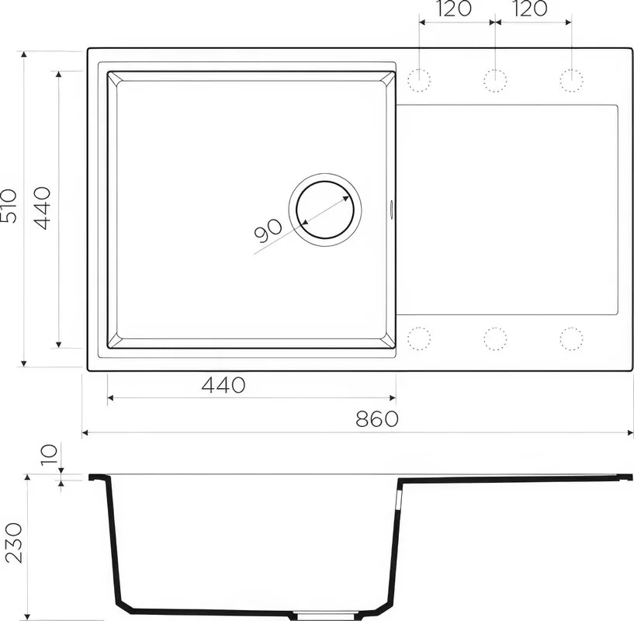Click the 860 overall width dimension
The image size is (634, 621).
pos(377,419)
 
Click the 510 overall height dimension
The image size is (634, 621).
pos(9,206)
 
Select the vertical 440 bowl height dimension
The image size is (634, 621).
pos(42,208)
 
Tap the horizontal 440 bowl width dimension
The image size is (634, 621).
pos(223,385)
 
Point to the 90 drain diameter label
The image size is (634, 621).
pos(268,231)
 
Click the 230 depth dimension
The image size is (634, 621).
pos(14,543)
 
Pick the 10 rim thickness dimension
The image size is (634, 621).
pos(50,455)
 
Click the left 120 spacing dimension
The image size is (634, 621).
pos(454,9)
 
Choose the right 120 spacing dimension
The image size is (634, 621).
pos(530,9)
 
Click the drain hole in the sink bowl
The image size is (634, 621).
pos(325,210)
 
